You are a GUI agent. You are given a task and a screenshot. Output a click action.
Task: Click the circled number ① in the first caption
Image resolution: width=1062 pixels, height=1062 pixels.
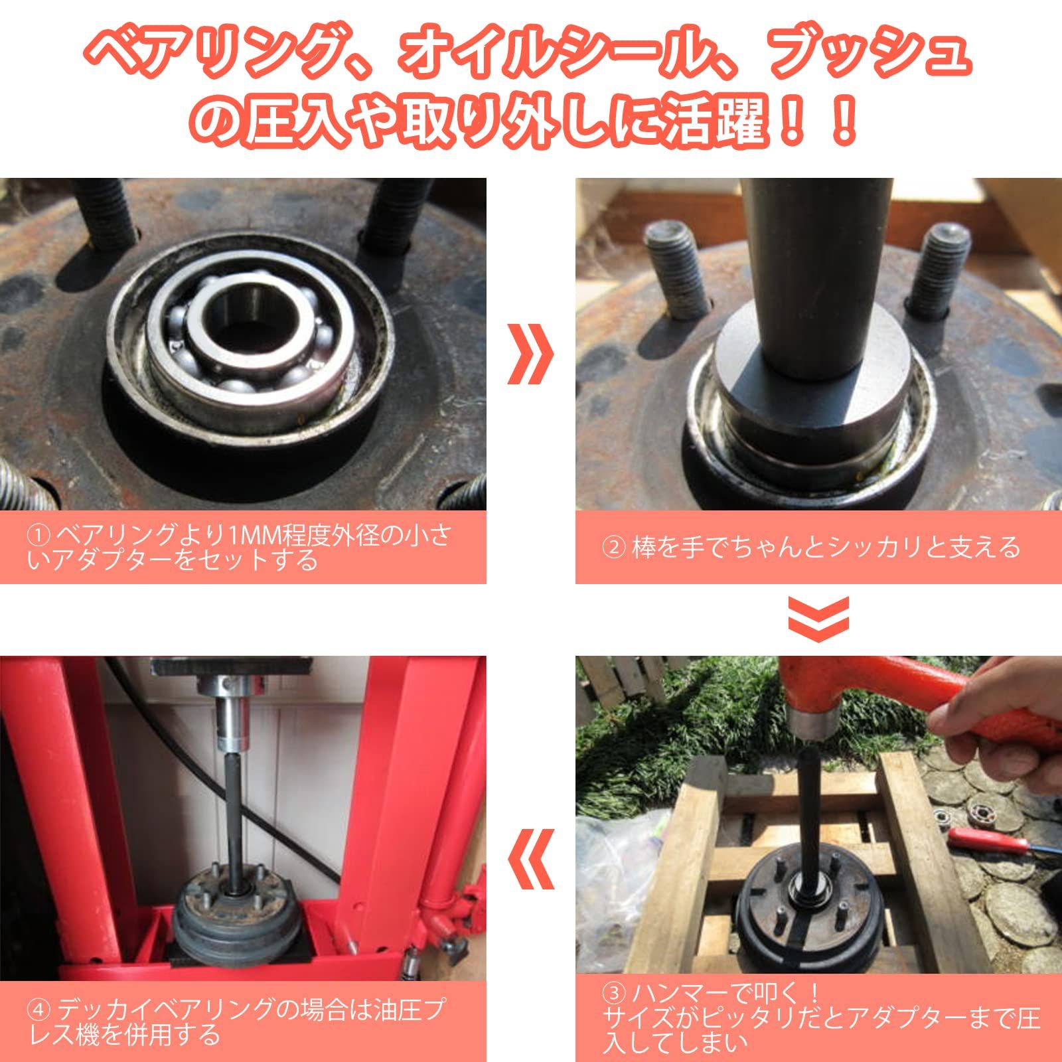(x=38, y=534)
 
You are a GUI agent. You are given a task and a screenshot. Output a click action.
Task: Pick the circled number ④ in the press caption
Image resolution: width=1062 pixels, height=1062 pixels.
(x=38, y=1010)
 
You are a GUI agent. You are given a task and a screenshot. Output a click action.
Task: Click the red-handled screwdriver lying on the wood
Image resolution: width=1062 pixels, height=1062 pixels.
(x=982, y=840)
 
